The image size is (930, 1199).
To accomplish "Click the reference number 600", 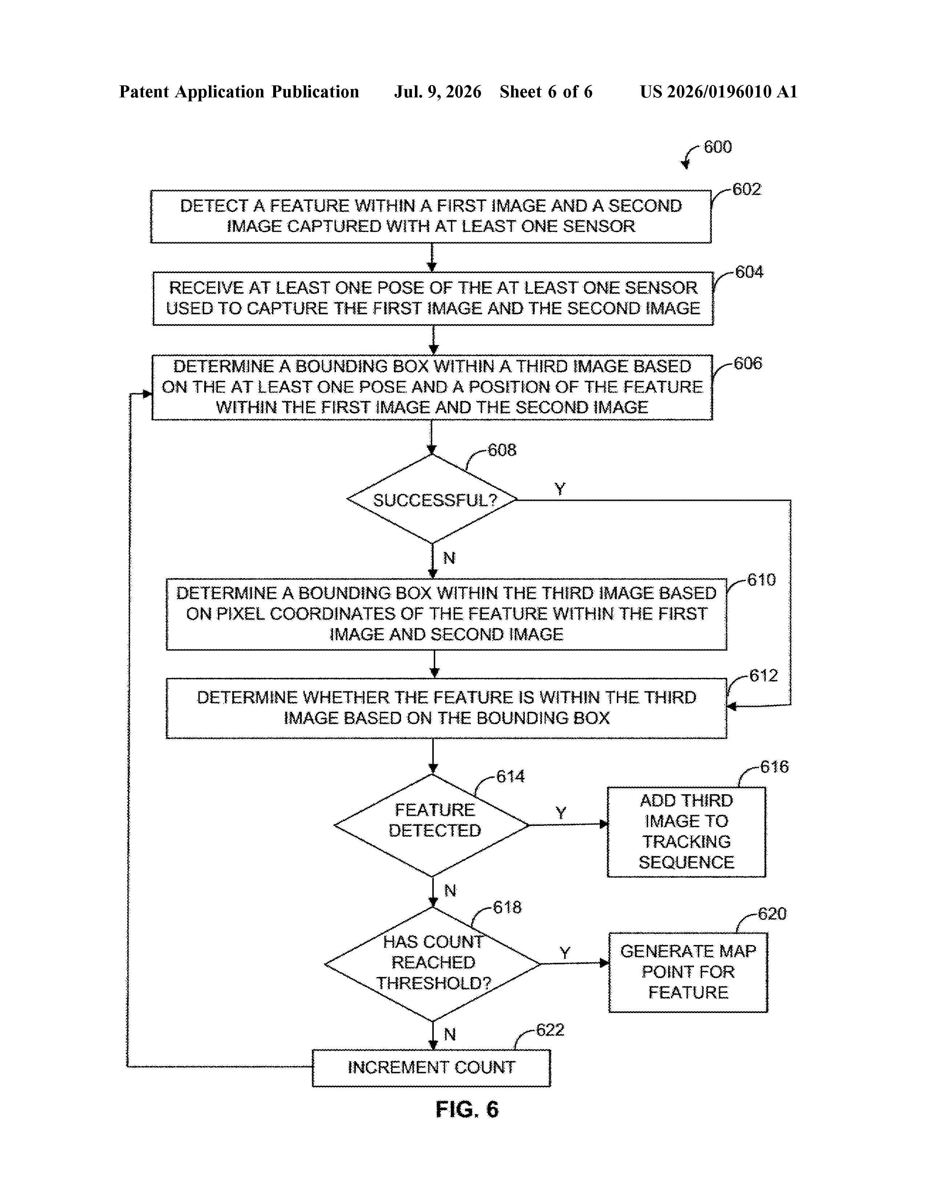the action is point(717,147).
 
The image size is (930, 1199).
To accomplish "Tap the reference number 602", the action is point(747,189).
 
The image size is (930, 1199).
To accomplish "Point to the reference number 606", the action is point(748,363).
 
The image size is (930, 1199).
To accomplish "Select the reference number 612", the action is point(764,675).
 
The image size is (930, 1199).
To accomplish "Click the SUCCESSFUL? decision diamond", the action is point(432,499).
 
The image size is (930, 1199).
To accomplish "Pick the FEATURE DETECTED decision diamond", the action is point(432,825).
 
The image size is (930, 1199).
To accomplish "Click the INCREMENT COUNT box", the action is point(432,1068).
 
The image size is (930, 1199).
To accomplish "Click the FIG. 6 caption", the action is point(467,1110).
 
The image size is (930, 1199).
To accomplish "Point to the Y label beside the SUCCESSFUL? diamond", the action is point(559,489).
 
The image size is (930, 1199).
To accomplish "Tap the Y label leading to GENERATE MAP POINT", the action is point(565,953).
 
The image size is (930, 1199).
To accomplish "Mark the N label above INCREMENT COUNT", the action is point(450,1034).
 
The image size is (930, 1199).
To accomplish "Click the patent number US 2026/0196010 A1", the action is point(719,92).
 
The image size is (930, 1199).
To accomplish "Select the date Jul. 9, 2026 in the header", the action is point(437,92).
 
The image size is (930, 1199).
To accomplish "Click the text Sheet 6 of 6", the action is point(546,92).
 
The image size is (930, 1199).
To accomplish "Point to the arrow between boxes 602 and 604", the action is point(432,258).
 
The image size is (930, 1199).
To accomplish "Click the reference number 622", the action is point(550,1030).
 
